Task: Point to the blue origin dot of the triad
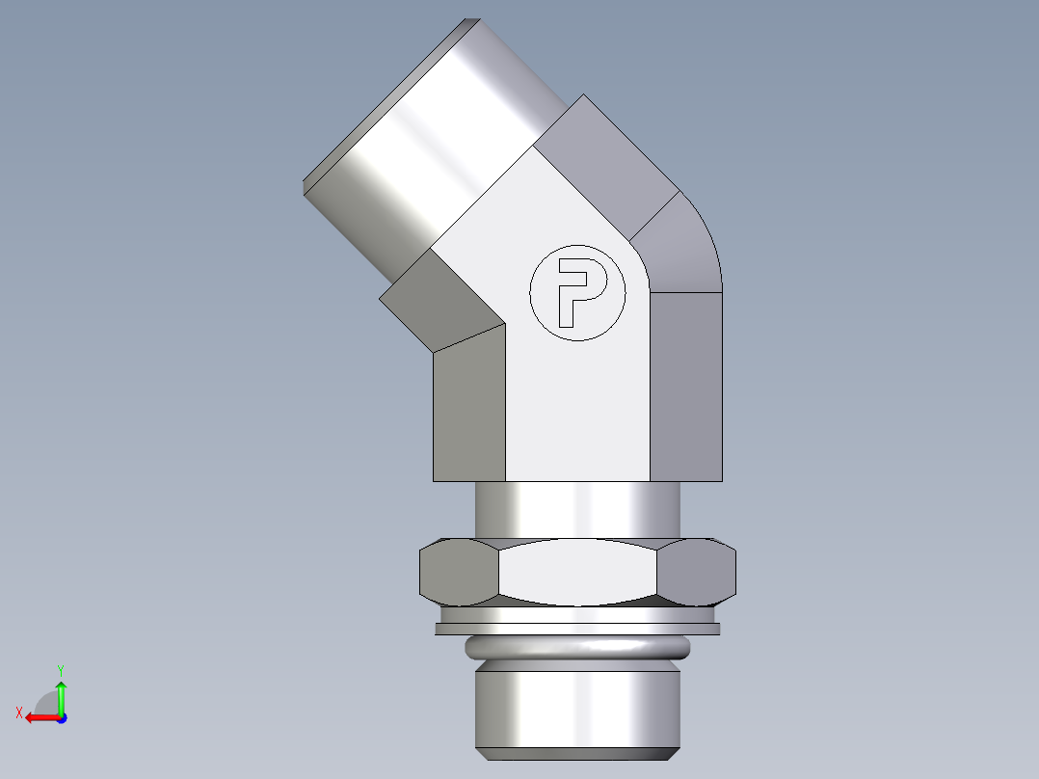61,718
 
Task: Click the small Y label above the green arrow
60,669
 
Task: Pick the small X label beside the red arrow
18,713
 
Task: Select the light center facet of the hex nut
578,573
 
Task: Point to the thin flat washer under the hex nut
578,630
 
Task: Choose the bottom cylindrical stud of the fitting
578,704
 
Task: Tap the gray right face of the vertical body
685,386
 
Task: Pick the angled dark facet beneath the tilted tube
439,304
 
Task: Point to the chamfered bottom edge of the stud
578,752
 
